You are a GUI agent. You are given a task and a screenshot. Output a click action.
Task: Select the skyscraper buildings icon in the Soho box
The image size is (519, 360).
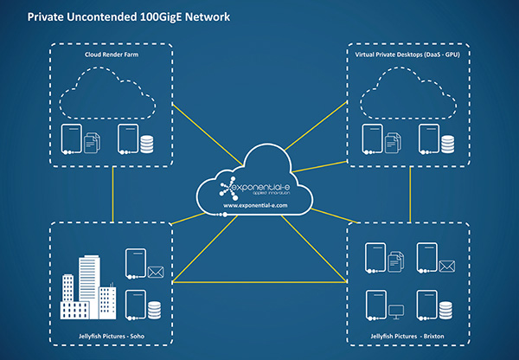click(89, 286)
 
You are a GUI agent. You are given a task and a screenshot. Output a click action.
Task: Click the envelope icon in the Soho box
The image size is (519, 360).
click(156, 273)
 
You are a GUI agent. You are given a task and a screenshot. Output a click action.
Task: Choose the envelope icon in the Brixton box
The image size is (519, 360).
click(447, 266)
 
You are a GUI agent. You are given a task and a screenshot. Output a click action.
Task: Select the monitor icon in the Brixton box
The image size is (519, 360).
click(398, 307)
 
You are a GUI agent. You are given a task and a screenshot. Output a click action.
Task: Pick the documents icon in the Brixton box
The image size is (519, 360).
click(398, 260)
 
